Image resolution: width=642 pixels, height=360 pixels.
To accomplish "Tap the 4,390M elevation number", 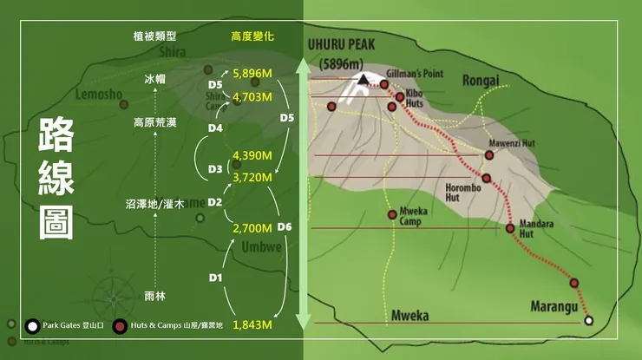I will pyautogui.click(x=252, y=155).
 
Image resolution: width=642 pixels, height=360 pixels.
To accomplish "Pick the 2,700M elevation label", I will pyautogui.click(x=252, y=229).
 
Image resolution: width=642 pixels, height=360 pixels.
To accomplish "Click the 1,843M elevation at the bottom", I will pyautogui.click(x=252, y=324).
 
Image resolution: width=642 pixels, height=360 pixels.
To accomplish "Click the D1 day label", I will pyautogui.click(x=217, y=278).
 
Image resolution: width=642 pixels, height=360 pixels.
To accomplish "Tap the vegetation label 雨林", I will pyautogui.click(x=155, y=297).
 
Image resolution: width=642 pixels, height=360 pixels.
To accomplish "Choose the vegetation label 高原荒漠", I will pyautogui.click(x=155, y=122).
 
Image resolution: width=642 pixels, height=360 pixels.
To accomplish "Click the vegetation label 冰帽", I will pyautogui.click(x=155, y=79).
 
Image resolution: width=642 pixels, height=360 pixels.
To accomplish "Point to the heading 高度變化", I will pyautogui.click(x=252, y=36).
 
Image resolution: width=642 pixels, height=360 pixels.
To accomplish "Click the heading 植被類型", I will pyautogui.click(x=155, y=36).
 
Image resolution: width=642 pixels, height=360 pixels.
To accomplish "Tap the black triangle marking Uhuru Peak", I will pyautogui.click(x=361, y=80).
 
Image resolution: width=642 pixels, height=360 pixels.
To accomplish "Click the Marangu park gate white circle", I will pyautogui.click(x=589, y=321).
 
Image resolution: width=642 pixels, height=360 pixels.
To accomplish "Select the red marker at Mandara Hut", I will pyautogui.click(x=510, y=229).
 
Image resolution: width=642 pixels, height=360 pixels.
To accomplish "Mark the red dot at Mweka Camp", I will pyautogui.click(x=392, y=214).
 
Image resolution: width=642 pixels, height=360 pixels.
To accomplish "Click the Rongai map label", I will pyautogui.click(x=481, y=81).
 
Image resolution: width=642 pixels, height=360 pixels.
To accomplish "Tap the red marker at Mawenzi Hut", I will pyautogui.click(x=489, y=155).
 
